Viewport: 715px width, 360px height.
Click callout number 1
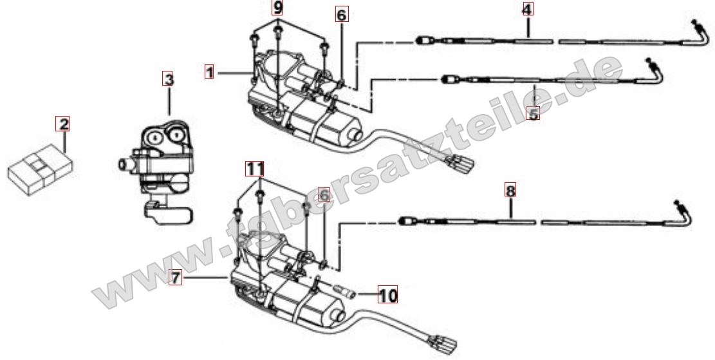pyautogui.click(x=209, y=71)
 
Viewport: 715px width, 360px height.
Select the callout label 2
pyautogui.click(x=62, y=123)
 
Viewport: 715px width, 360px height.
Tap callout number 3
pyautogui.click(x=168, y=80)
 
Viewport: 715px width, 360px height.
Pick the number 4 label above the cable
pyautogui.click(x=527, y=10)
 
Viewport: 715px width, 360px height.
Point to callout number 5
pyautogui.click(x=532, y=113)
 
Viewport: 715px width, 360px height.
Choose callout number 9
pyautogui.click(x=277, y=8)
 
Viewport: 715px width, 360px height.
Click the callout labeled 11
pyautogui.click(x=255, y=169)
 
